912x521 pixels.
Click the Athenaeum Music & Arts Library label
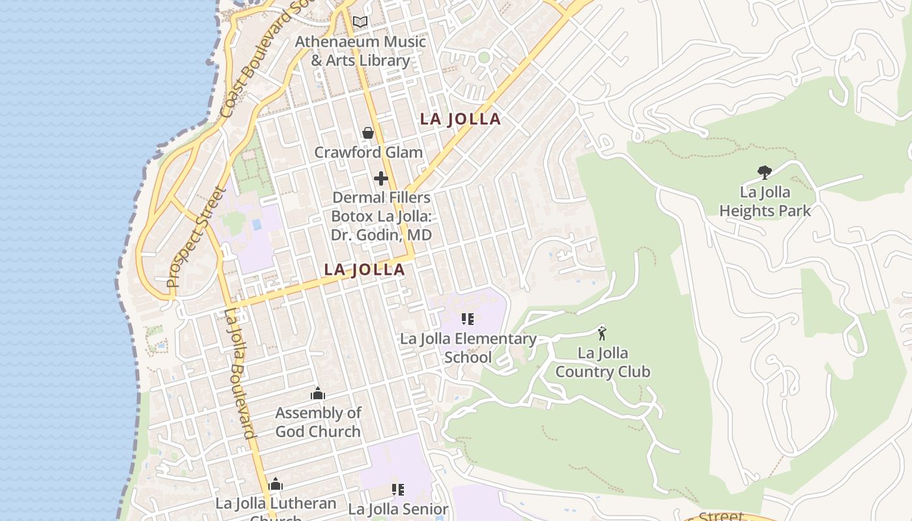tap(360, 51)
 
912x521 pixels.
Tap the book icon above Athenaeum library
tap(360, 21)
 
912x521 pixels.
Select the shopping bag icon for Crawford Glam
tap(368, 134)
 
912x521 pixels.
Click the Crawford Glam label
tap(368, 152)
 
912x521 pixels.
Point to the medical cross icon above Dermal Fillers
tap(381, 178)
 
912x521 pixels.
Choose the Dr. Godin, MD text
tap(381, 234)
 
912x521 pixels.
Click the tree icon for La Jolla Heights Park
tap(765, 173)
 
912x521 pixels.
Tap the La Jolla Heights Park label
tap(765, 201)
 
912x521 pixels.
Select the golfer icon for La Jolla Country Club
tap(602, 333)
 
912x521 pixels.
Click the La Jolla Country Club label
tap(603, 363)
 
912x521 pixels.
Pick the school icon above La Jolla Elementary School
tap(468, 319)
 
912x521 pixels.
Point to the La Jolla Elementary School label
tap(468, 348)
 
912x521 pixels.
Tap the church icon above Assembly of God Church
tap(318, 393)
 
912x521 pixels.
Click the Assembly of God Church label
tap(318, 422)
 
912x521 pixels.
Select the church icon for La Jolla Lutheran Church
tap(276, 485)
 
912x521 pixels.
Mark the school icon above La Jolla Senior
tap(397, 490)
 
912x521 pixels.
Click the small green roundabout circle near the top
tap(483, 57)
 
